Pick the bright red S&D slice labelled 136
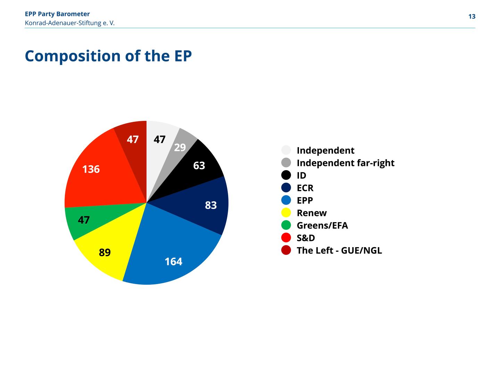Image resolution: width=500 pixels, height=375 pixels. (x=100, y=173)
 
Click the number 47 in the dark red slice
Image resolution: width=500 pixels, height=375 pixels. (x=133, y=139)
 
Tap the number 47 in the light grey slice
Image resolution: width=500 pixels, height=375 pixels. (x=159, y=139)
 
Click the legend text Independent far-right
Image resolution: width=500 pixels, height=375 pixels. (x=345, y=163)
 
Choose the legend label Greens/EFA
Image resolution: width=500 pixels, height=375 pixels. (x=322, y=225)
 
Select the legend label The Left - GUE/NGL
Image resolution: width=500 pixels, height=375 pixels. (x=339, y=250)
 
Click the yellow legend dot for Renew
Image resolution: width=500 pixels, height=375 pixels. (x=286, y=212)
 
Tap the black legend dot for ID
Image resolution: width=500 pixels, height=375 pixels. (x=286, y=175)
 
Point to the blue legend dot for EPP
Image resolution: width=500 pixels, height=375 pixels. (x=286, y=200)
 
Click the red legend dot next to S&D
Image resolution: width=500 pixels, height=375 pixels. (x=286, y=238)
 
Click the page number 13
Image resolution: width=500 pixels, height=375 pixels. (x=472, y=16)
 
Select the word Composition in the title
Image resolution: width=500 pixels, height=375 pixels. (x=73, y=56)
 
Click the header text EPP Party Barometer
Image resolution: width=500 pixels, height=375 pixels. (x=57, y=14)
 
